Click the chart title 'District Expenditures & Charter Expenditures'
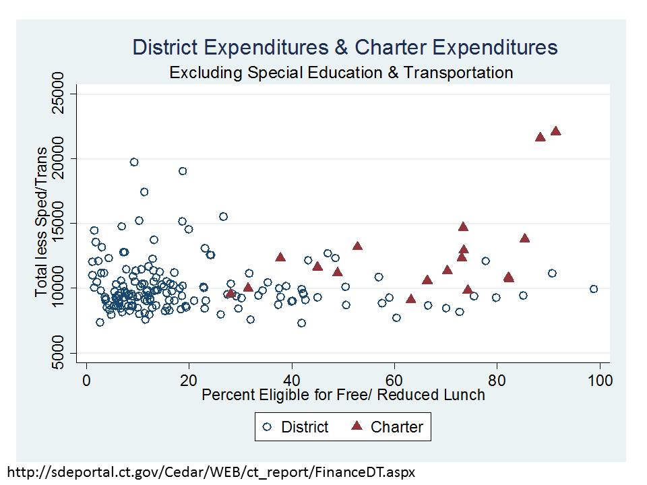coord(345,48)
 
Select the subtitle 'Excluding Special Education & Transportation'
coord(341,72)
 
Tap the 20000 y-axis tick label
coord(59,159)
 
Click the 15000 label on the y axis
coord(59,224)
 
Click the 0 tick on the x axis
coord(86,380)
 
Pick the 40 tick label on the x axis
coord(292,380)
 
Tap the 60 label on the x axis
coord(394,380)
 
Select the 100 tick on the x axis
coord(600,380)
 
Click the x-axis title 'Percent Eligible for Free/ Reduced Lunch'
coord(343,395)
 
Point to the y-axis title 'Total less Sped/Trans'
coord(42,223)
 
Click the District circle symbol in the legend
coord(268,427)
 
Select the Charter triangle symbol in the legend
coord(357,426)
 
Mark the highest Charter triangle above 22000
coord(555,131)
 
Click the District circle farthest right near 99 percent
coord(594,289)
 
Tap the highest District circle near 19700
coord(134,162)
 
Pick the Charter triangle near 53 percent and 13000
coord(357,246)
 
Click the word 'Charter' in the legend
coord(397,427)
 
